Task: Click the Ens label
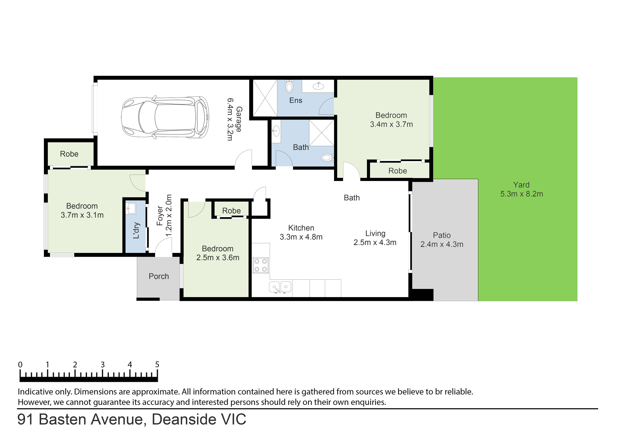296,100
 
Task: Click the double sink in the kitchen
280,287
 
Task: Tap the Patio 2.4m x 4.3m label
442,240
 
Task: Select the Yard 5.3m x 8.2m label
521,189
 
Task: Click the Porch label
159,276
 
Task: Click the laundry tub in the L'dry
131,208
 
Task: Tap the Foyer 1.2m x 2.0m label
164,216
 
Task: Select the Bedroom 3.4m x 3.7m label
391,120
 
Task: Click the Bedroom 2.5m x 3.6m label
218,253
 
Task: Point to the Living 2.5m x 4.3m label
375,238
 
